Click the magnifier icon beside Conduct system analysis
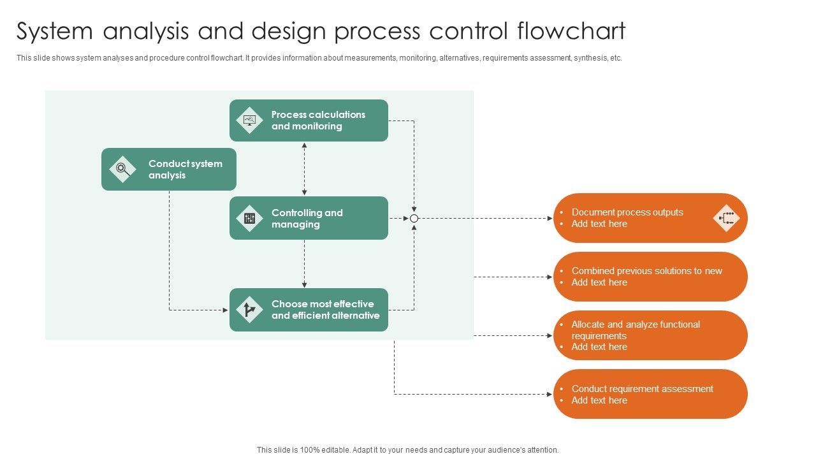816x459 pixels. pos(122,170)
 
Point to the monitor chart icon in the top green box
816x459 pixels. pos(249,120)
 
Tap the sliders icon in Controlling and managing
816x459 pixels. pos(249,219)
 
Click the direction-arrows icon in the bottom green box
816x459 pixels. pos(249,310)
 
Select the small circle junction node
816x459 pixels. pos(414,218)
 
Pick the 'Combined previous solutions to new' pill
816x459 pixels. pos(650,277)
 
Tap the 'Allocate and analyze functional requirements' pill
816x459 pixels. pos(650,335)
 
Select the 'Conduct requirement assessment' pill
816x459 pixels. pos(650,394)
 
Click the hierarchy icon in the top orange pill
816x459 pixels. pos(725,218)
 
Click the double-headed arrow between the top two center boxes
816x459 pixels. pos(304,169)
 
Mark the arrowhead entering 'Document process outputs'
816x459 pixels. pos(550,218)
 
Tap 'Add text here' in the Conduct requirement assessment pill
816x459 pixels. pos(599,400)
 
